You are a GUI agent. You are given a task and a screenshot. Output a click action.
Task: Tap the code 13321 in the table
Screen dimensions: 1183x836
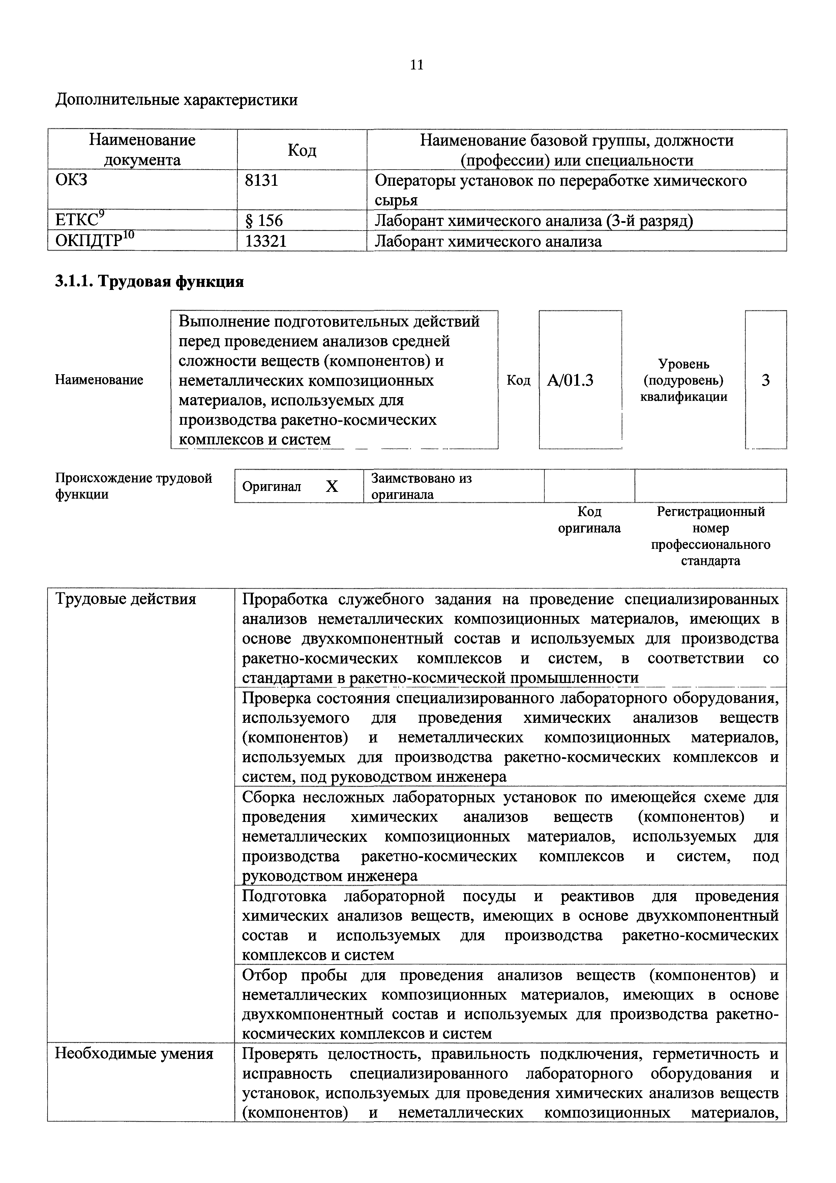coord(266,241)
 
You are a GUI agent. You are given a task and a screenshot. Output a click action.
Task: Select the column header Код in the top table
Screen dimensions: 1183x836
coord(302,150)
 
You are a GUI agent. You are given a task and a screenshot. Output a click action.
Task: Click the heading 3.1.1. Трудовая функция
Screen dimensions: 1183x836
coord(149,282)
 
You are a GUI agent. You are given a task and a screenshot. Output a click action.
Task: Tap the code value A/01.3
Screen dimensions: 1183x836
coord(570,380)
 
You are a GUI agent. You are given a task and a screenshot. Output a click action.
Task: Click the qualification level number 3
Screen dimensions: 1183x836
coord(766,380)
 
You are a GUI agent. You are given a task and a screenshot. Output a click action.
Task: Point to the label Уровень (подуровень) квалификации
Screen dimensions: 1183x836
coord(684,380)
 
